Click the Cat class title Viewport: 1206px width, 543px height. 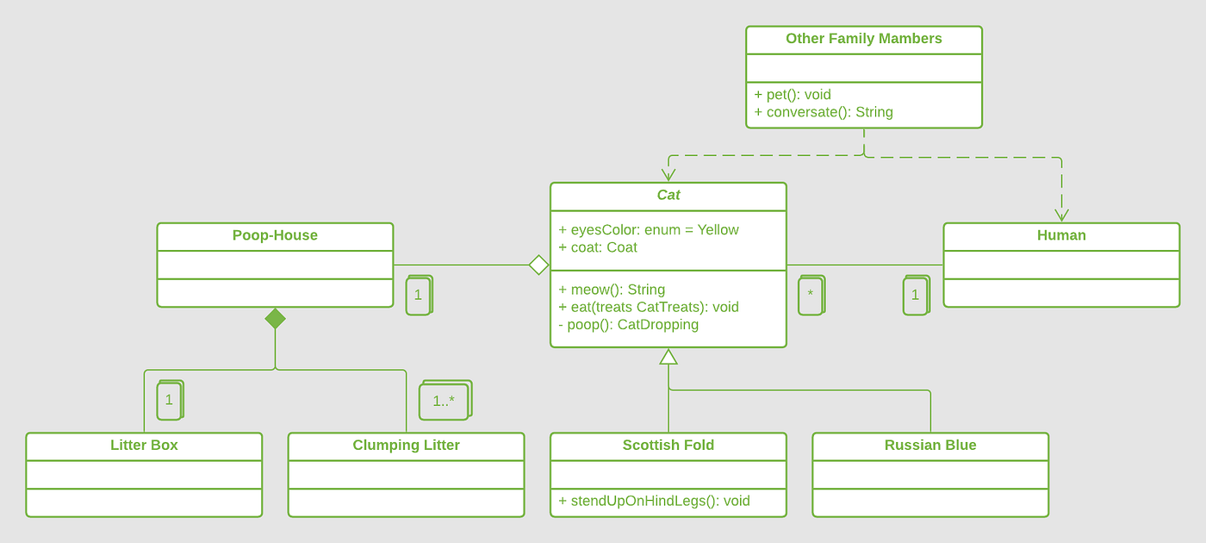tap(668, 196)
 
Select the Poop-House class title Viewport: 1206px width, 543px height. tap(275, 235)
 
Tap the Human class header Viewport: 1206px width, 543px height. tap(1061, 235)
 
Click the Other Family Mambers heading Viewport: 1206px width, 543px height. tap(863, 39)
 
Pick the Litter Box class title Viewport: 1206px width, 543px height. tap(144, 446)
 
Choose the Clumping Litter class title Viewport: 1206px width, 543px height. tap(406, 446)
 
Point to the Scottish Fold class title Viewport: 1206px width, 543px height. tap(668, 446)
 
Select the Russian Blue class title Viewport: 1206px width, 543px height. tap(930, 446)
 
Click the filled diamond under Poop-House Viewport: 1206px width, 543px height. tap(275, 319)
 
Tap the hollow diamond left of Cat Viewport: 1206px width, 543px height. tap(538, 265)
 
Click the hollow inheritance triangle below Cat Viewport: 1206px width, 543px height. tap(668, 357)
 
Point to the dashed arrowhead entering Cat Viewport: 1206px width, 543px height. tap(668, 176)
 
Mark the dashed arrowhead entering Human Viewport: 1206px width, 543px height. tap(1061, 215)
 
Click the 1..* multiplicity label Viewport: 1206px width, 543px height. tap(444, 401)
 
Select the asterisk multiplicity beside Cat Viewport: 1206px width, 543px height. tap(810, 296)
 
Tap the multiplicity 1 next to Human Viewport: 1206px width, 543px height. tap(915, 296)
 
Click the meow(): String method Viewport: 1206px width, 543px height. tap(612, 290)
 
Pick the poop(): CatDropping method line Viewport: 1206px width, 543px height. tap(628, 325)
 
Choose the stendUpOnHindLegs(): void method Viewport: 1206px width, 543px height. tap(654, 501)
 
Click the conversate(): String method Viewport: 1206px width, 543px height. tap(824, 112)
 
